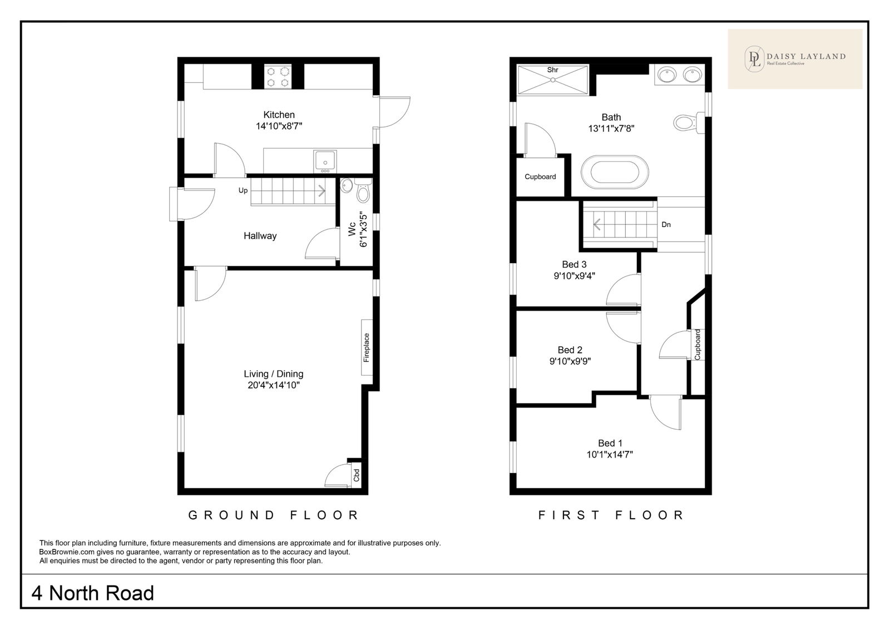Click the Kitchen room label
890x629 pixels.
279,115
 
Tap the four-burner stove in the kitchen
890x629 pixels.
278,77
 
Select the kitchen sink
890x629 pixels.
325,161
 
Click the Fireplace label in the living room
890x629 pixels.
367,347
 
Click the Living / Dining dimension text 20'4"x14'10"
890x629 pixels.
273,385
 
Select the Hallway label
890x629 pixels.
260,236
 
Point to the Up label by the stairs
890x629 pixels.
243,190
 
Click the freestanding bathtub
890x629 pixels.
615,173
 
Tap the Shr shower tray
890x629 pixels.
553,80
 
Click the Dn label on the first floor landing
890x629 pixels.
666,225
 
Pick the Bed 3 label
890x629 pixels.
574,264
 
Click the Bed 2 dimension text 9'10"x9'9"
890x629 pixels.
570,361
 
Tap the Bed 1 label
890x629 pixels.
610,443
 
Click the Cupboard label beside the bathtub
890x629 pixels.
540,176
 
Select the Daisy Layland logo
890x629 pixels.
795,59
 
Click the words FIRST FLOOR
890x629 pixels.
611,515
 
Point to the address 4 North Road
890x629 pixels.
92,593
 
